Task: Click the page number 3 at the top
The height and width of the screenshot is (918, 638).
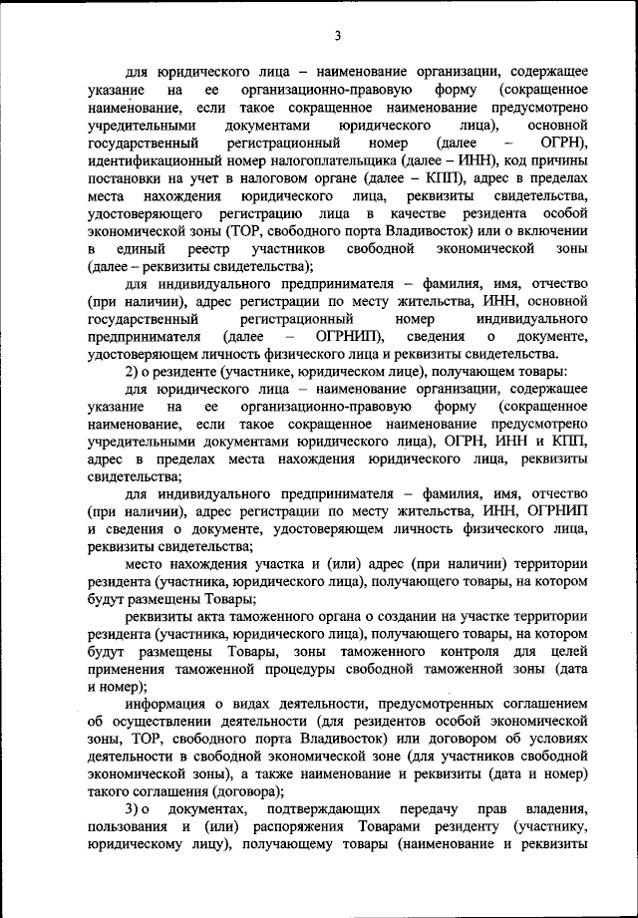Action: click(338, 36)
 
